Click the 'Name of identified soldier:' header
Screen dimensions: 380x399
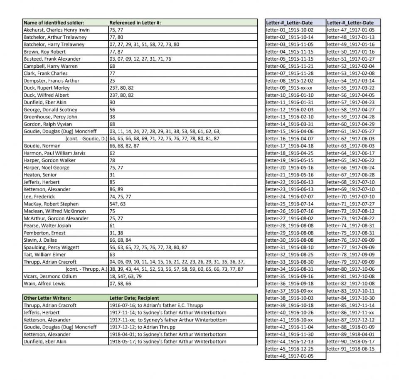[54, 22]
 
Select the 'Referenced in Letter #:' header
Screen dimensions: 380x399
[135, 22]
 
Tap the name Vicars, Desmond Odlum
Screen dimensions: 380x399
[50, 276]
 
